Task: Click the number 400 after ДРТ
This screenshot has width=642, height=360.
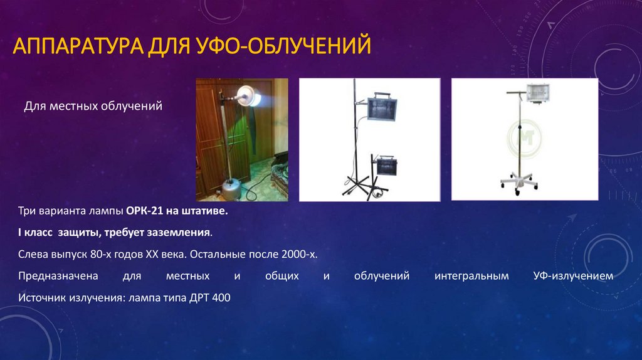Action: (x=221, y=297)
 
